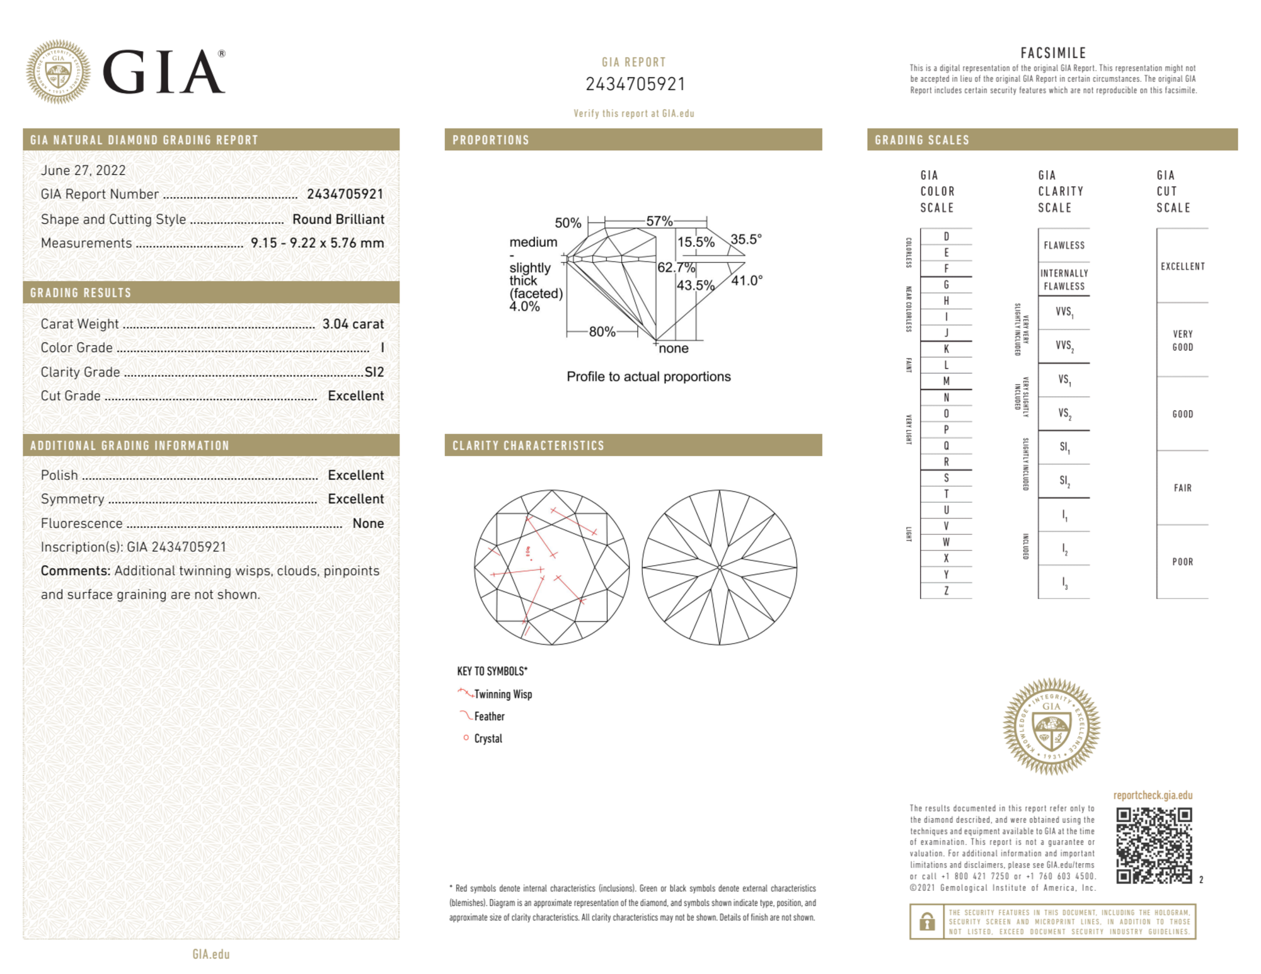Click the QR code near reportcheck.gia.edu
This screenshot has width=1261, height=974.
click(x=1154, y=845)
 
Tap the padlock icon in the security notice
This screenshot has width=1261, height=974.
click(x=926, y=921)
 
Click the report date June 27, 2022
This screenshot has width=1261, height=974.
click(x=83, y=170)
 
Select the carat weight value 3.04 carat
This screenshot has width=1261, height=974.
click(x=353, y=324)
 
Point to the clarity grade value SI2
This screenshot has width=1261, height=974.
click(x=374, y=372)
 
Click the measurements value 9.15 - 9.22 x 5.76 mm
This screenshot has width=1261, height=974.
click(x=317, y=243)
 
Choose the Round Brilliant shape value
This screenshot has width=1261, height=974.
click(x=338, y=219)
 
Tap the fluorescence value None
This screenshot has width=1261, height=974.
click(x=368, y=523)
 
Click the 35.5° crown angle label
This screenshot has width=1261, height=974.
click(x=746, y=239)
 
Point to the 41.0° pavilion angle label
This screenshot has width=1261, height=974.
click(x=747, y=280)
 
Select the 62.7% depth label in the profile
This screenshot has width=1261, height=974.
click(x=676, y=267)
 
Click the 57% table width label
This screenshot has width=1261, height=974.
click(x=659, y=221)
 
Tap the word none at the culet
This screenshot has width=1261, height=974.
click(x=674, y=348)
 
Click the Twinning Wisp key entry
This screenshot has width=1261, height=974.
click(x=503, y=694)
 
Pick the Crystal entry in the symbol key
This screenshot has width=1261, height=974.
click(x=488, y=738)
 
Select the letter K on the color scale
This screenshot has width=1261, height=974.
click(x=946, y=349)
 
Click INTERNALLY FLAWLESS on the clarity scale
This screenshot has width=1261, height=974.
click(x=1064, y=280)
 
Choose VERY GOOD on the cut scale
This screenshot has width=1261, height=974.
click(x=1182, y=340)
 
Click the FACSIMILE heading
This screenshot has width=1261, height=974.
click(x=1053, y=53)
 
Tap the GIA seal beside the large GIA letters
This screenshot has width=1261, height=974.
click(x=58, y=72)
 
